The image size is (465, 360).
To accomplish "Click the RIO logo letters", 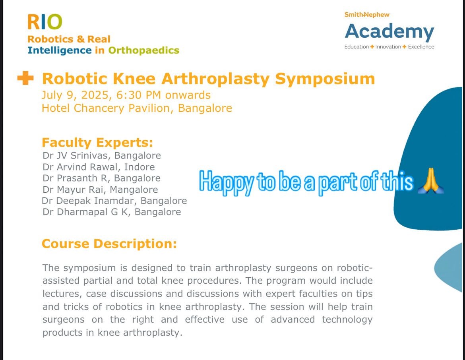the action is point(45,22).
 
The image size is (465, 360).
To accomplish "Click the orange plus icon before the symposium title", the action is point(25,78).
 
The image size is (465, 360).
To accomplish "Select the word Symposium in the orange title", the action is point(325,79).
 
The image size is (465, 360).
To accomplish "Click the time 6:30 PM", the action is point(139,95).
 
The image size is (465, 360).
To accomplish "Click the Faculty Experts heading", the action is point(97,143).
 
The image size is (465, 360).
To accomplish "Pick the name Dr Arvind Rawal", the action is point(80,167).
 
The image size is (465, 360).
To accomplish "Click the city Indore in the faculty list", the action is point(139,167).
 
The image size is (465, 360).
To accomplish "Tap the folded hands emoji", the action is point(430,181).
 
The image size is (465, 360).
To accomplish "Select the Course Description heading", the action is point(109,244).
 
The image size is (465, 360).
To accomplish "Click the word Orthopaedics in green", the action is point(143,51).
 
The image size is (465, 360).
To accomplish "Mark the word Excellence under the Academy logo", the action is point(421,47).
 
